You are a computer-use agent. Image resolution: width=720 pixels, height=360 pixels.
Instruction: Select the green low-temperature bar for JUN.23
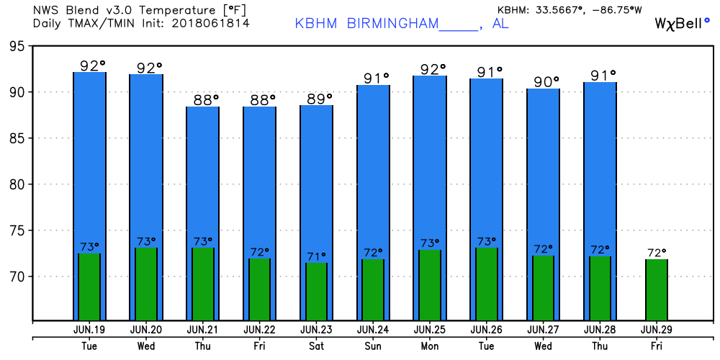coord(316,292)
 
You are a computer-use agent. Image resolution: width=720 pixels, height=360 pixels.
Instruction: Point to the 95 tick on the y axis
coord(16,46)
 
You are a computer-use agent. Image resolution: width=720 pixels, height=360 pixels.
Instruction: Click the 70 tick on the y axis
coord(16,276)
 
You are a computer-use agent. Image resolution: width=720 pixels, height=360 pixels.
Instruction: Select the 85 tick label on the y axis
coord(16,138)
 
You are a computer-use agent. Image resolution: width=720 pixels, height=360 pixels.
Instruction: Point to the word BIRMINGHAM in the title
coord(392,23)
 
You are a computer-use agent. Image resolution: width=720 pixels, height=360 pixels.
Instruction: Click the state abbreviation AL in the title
coord(501,23)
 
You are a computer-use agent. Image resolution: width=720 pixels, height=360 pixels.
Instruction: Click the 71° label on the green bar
coord(316,256)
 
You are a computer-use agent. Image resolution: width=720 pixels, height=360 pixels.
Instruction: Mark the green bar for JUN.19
coord(89,287)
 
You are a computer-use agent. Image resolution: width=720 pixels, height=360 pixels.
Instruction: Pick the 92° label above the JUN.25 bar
coord(430,70)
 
